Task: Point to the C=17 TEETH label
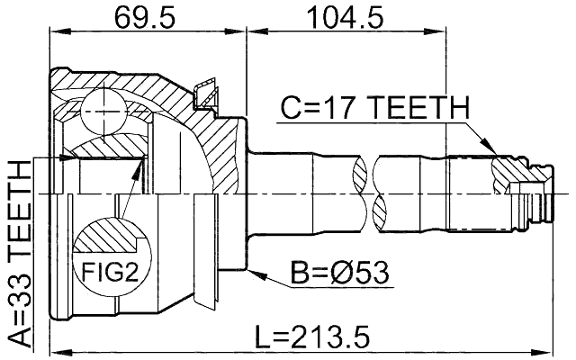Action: (374, 110)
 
